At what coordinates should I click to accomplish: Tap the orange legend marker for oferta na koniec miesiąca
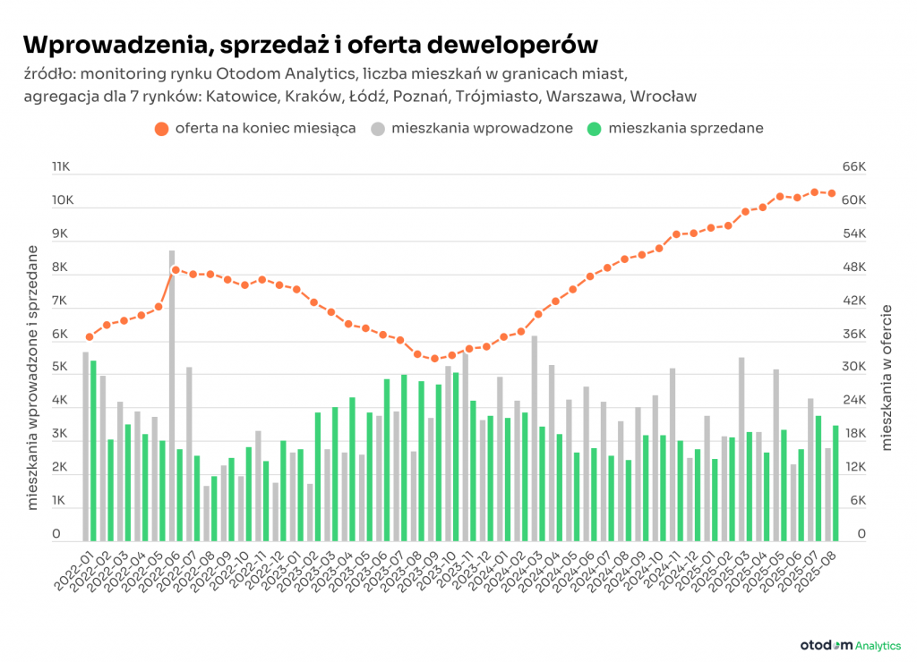click(x=161, y=128)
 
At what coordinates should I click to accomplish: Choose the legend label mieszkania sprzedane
click(x=685, y=128)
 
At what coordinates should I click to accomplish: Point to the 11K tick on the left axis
click(x=61, y=166)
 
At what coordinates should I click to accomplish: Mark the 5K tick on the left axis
click(x=59, y=367)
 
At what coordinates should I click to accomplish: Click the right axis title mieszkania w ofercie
click(x=888, y=376)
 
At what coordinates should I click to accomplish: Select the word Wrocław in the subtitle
click(x=663, y=96)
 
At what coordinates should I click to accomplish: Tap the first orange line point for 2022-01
click(x=90, y=337)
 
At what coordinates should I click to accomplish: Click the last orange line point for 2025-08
click(x=832, y=193)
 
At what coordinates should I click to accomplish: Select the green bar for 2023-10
click(x=456, y=456)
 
